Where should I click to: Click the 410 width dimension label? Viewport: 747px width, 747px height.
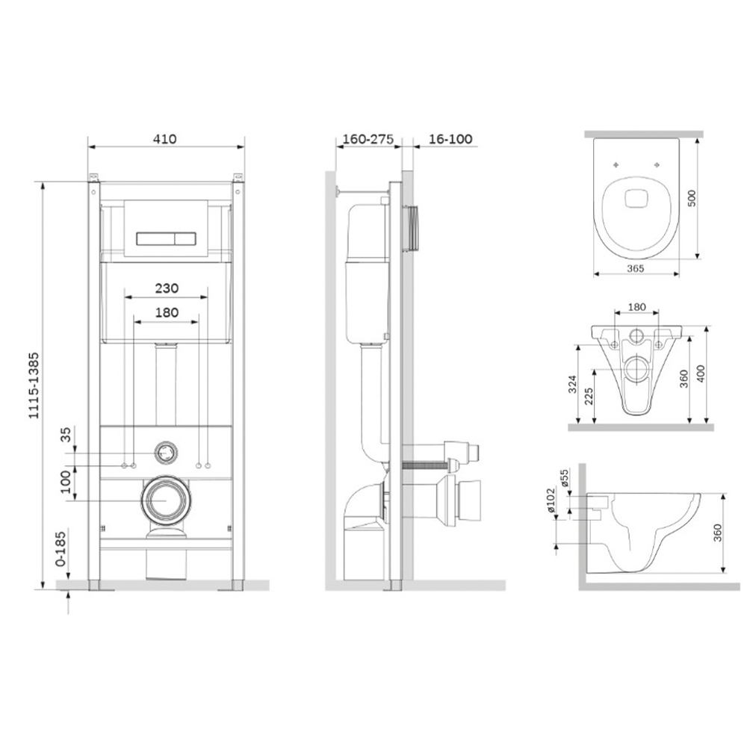point(165,139)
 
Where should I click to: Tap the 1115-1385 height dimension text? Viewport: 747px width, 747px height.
point(34,385)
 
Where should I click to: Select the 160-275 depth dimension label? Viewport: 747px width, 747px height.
point(368,139)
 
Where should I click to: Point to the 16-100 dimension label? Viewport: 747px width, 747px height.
point(450,139)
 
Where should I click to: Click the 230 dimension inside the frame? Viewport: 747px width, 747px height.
point(167,288)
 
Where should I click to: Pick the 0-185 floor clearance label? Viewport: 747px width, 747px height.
point(61,549)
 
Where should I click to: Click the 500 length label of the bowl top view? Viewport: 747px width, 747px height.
point(692,198)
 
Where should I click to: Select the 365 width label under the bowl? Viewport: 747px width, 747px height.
point(635,269)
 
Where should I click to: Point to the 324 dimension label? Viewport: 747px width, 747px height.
point(573,384)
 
